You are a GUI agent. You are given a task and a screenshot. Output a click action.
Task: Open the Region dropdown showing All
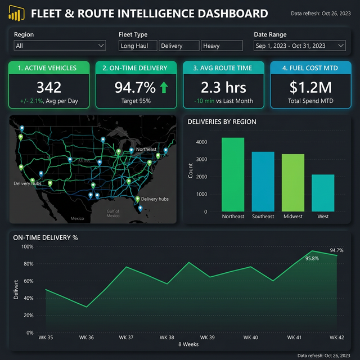click(x=60, y=46)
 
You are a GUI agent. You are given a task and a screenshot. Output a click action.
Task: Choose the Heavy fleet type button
click(x=222, y=46)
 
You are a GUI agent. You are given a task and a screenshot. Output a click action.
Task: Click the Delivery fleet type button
click(x=179, y=46)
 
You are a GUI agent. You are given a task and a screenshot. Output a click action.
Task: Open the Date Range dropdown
click(x=299, y=46)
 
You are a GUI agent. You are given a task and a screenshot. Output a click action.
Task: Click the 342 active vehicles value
click(x=49, y=87)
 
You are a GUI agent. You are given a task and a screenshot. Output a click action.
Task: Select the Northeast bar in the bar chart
click(x=233, y=174)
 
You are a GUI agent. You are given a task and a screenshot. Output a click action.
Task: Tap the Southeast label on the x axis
click(x=263, y=217)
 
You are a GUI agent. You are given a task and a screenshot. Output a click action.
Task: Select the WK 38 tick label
click(x=167, y=337)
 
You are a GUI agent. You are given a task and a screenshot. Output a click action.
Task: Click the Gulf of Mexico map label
click(x=113, y=213)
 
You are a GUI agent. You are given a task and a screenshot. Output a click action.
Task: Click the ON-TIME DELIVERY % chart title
click(x=45, y=237)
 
